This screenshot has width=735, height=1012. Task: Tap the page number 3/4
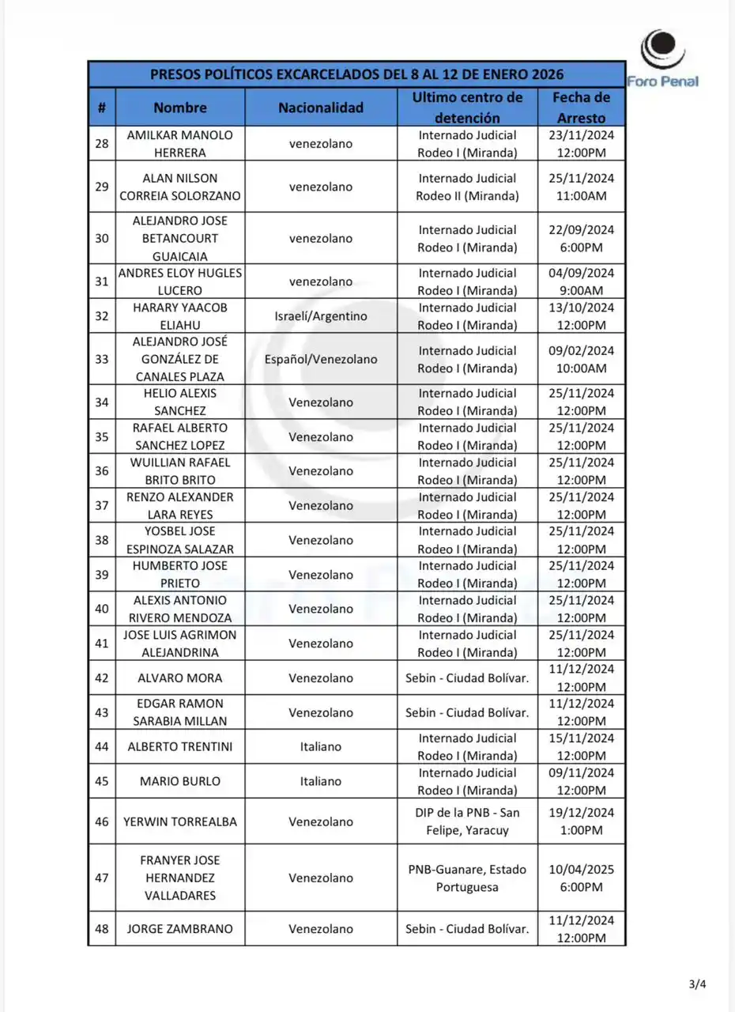[697, 984]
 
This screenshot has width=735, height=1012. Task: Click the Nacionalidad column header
[320, 108]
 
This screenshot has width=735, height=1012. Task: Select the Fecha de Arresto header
[581, 108]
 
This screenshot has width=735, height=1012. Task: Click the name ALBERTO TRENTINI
[180, 746]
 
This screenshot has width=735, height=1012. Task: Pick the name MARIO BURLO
[180, 781]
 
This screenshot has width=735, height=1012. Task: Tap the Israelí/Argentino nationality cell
[320, 316]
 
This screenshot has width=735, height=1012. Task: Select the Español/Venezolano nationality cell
[320, 359]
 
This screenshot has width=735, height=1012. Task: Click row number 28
[102, 144]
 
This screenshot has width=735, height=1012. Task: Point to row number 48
[102, 929]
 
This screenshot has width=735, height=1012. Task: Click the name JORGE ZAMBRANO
[180, 929]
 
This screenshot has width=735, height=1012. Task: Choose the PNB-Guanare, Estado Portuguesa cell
[467, 878]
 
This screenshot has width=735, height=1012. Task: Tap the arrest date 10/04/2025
[581, 869]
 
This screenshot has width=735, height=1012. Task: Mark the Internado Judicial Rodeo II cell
[467, 187]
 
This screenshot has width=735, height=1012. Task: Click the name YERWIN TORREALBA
[180, 821]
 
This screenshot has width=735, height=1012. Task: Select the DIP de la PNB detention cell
[467, 821]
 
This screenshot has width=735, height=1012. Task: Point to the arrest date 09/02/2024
[581, 350]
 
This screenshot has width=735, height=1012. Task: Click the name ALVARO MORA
[180, 678]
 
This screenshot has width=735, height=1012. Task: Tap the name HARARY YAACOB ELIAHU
[180, 316]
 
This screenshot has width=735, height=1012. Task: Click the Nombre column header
[180, 108]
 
